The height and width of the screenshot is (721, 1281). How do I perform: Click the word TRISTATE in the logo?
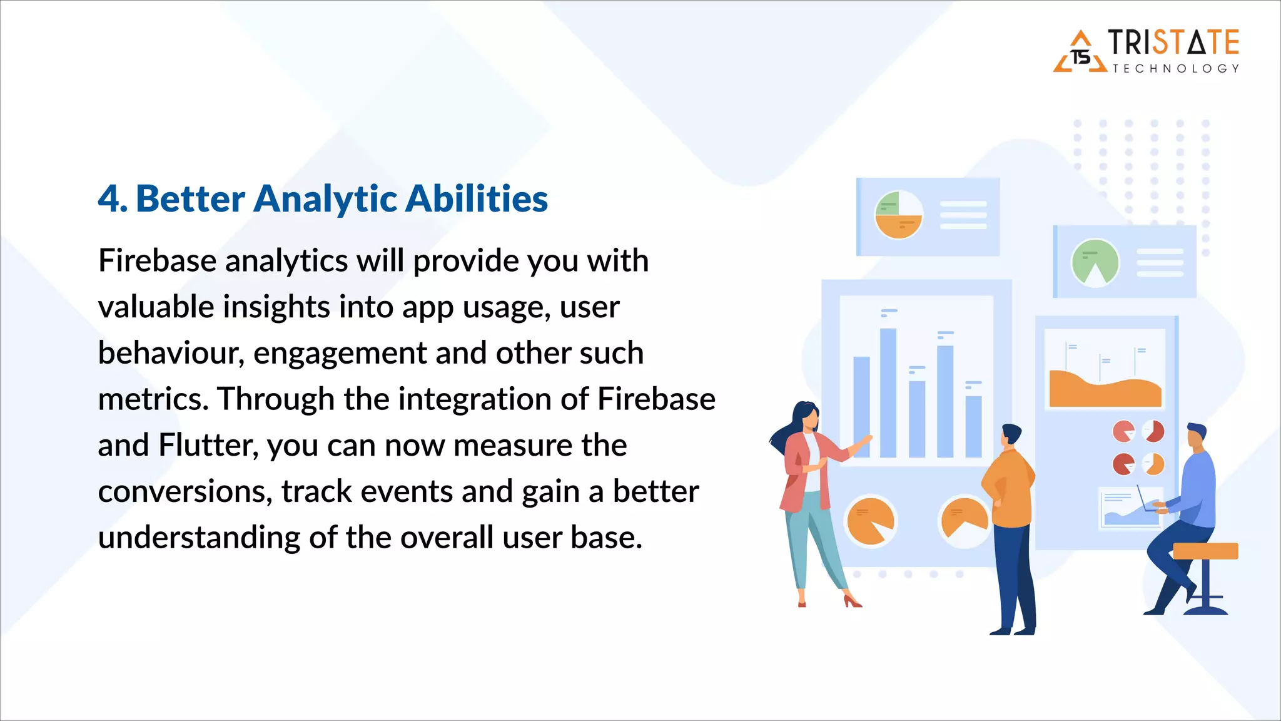[1173, 43]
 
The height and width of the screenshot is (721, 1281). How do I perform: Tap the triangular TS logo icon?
[1080, 54]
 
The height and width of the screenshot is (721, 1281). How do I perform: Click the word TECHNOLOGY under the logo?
[1175, 69]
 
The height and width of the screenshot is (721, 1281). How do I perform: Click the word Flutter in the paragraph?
[208, 446]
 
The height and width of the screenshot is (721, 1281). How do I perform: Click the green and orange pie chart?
[898, 215]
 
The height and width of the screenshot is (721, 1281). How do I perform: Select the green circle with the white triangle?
[1095, 263]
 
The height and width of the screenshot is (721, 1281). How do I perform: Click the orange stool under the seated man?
[1205, 551]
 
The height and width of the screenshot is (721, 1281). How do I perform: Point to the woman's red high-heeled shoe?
[852, 601]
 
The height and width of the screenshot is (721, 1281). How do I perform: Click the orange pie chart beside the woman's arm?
[869, 521]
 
